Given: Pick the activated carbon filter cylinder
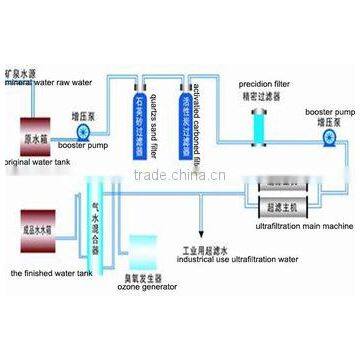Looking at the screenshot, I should click(186, 121).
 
